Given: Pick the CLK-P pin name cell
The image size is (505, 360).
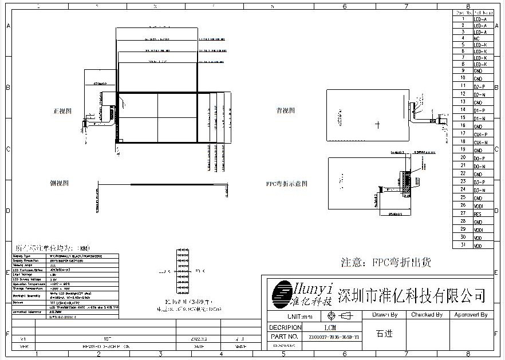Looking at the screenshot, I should point(480,134).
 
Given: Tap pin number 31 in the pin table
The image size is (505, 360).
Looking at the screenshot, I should point(462,245).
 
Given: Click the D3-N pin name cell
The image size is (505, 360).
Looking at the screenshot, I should point(479,189).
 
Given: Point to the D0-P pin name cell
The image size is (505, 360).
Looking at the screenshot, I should point(479,158).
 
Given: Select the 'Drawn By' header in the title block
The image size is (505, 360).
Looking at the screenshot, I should point(385,315).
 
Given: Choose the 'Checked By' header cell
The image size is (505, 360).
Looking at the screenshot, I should point(427,315).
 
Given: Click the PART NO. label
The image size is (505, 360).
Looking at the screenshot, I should point(284,337).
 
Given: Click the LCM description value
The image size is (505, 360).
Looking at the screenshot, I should point(330,328).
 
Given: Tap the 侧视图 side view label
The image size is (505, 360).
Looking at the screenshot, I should point(60,183).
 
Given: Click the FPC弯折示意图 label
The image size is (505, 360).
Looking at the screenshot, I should point(287,184).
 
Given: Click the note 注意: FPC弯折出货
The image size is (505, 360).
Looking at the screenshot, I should point(386,263).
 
